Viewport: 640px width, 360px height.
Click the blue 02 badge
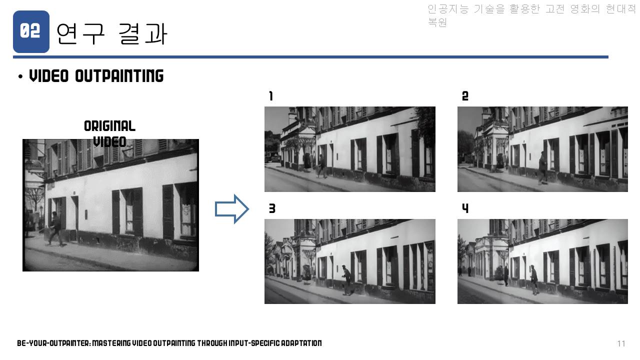click(31, 31)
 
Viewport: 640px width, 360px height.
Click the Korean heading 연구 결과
click(111, 34)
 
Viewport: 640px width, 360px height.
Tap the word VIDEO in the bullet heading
click(49, 75)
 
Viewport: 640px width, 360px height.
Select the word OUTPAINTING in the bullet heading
click(119, 75)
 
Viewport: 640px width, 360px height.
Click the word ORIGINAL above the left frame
click(109, 126)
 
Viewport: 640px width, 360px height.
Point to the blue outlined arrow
click(231, 209)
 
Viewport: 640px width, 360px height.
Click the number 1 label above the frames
click(271, 96)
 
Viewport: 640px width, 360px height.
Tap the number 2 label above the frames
click(465, 96)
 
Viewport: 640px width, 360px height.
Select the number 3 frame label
click(272, 208)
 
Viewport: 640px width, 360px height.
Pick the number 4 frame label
click(465, 208)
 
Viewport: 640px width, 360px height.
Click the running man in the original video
click(56, 228)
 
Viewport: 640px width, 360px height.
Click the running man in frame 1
click(322, 166)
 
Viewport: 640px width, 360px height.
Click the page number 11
click(621, 343)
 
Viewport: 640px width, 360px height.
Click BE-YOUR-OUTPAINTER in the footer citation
click(53, 343)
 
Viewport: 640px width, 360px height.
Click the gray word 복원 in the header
click(437, 22)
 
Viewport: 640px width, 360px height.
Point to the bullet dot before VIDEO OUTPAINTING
click(20, 76)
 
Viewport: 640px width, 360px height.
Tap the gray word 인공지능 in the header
click(448, 9)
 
